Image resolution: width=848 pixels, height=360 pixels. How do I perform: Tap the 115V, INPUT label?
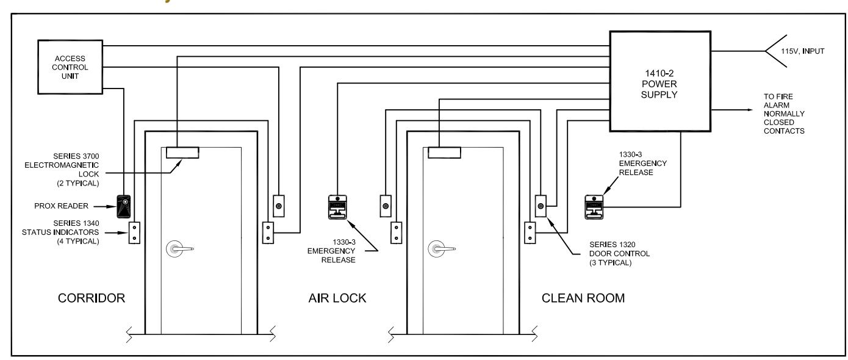point(803,51)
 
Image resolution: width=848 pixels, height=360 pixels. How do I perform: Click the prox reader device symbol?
point(123,206)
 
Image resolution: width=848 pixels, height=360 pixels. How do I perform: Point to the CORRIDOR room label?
point(92,298)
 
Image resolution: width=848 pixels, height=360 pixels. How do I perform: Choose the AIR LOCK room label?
point(337,298)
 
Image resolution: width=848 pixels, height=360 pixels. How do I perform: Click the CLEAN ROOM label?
point(583,298)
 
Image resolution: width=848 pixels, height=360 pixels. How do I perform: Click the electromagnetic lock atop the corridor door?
point(182,153)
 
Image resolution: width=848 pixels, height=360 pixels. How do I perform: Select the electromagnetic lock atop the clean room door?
point(445,153)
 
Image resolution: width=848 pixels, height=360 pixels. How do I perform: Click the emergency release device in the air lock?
point(337,207)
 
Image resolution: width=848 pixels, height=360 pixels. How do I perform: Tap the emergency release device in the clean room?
point(594,207)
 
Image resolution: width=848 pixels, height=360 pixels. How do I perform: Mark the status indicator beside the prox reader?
point(134,233)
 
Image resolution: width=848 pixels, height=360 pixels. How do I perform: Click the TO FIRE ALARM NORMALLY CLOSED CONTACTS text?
point(784,114)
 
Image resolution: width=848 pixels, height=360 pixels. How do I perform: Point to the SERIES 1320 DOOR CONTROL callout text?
point(619,254)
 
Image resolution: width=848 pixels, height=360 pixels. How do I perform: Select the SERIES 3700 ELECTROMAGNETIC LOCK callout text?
point(62,170)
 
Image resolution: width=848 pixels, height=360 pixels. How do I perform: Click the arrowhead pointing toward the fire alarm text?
point(750,110)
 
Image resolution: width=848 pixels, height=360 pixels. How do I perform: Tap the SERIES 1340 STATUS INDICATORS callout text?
point(60,232)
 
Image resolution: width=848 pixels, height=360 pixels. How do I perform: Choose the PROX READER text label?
point(62,206)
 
